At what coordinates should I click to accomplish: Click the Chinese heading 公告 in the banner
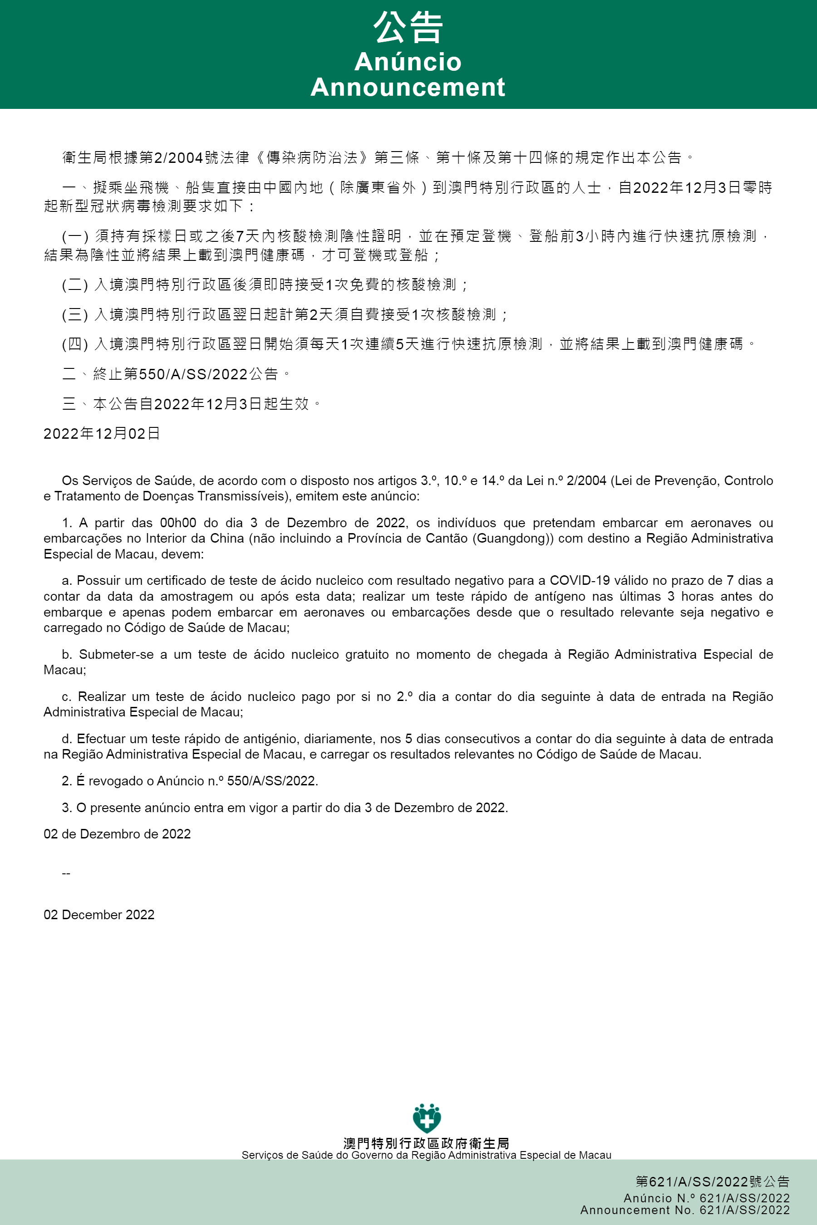408,28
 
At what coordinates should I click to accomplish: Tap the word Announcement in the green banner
408,87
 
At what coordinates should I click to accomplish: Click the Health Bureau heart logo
427,1118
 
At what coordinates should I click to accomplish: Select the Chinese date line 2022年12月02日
102,433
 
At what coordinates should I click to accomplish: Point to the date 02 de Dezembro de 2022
117,834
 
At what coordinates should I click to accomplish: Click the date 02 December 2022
99,915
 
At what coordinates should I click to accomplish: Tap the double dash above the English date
66,873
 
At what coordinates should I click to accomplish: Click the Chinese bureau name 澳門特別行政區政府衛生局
426,1144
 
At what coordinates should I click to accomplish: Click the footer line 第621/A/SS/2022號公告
712,1182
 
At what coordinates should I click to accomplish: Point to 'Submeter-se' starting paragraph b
116,654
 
